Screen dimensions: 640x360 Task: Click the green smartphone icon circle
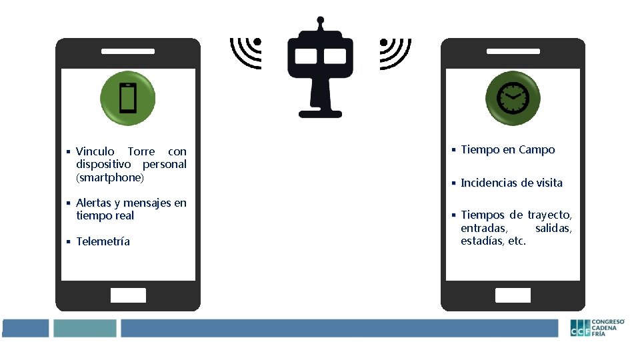[x=127, y=98]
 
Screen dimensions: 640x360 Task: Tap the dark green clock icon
[x=513, y=98]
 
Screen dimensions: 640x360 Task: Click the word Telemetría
[x=103, y=241]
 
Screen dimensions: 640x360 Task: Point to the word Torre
[x=142, y=151]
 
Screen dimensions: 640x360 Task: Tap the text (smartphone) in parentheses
[x=110, y=177]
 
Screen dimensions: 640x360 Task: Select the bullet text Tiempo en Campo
[x=507, y=150]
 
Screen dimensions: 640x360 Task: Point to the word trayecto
[x=550, y=215]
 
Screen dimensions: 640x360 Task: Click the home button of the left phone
[x=127, y=295]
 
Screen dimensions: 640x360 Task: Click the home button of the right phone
[x=513, y=295]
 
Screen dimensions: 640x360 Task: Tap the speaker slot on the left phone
[x=127, y=51]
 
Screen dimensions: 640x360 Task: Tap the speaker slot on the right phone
[x=513, y=51]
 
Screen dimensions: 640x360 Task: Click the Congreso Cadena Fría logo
[x=597, y=327]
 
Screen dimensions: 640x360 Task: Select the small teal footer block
[x=85, y=328]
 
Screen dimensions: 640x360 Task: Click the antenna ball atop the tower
[x=321, y=20]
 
